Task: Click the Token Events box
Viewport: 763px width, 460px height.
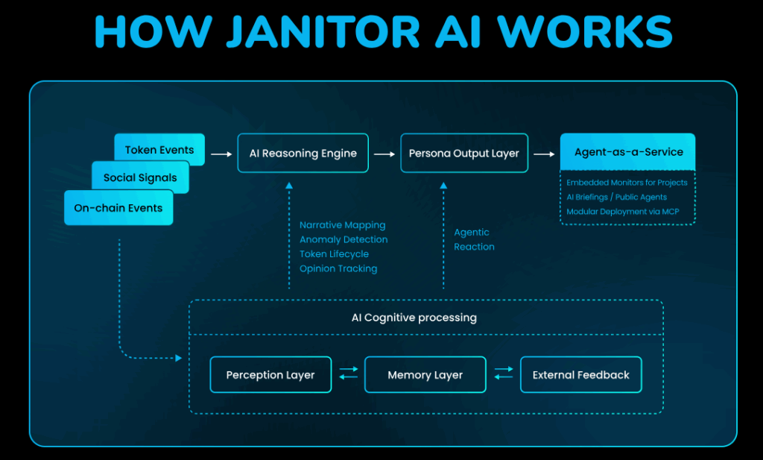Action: pyautogui.click(x=159, y=150)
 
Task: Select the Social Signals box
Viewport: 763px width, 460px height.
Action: pyautogui.click(x=140, y=178)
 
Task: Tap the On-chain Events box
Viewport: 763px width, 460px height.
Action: pyautogui.click(x=118, y=208)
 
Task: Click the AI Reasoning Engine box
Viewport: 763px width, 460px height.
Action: pyautogui.click(x=303, y=154)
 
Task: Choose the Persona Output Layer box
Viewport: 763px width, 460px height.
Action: pyautogui.click(x=464, y=154)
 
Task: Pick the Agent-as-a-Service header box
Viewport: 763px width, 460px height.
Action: pyautogui.click(x=628, y=152)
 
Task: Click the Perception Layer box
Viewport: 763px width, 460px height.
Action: pyautogui.click(x=270, y=375)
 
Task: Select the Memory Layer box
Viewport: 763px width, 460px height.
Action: pyautogui.click(x=425, y=375)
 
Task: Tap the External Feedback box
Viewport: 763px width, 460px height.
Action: pyautogui.click(x=580, y=375)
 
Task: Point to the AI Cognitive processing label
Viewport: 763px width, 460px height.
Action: pyautogui.click(x=414, y=318)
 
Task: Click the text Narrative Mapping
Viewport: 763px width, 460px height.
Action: pyautogui.click(x=342, y=225)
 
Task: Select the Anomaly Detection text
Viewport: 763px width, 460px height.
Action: pyautogui.click(x=343, y=239)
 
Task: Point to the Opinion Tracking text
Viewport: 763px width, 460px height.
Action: pyautogui.click(x=338, y=268)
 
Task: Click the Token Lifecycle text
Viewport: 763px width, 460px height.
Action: pyautogui.click(x=334, y=254)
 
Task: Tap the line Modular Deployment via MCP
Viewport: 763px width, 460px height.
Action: pyautogui.click(x=622, y=212)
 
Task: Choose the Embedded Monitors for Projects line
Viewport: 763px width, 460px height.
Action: pyautogui.click(x=627, y=183)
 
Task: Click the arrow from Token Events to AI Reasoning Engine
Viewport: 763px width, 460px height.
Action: pyautogui.click(x=221, y=154)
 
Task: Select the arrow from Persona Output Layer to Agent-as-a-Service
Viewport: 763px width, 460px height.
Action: pyautogui.click(x=544, y=154)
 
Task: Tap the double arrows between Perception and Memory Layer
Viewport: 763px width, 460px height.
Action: pyautogui.click(x=348, y=373)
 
